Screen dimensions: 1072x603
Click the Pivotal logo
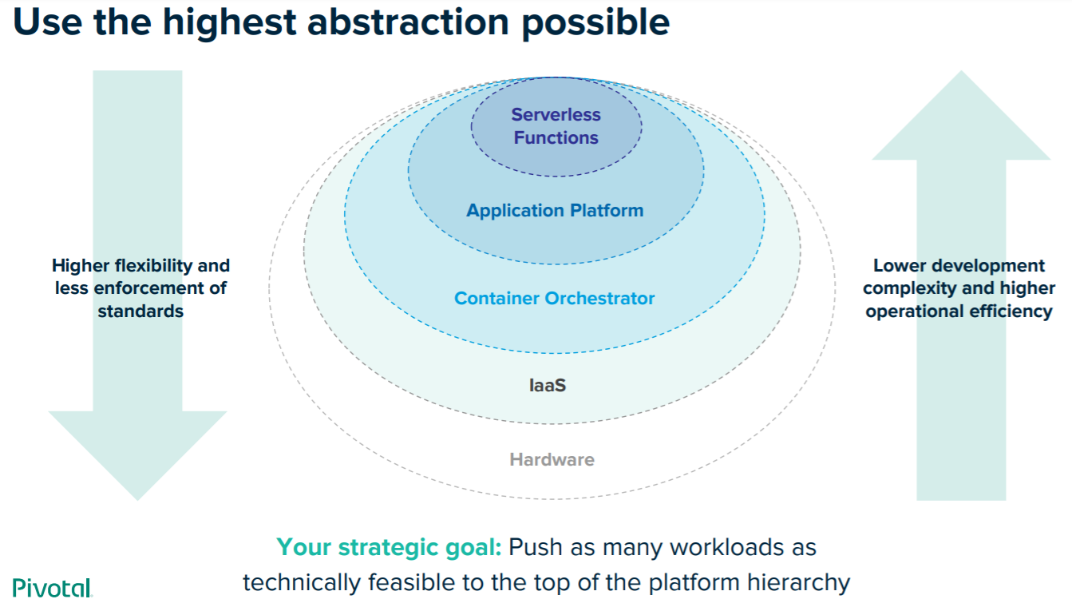52,587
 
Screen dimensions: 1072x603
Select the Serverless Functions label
556,126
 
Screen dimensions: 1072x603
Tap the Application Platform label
555,210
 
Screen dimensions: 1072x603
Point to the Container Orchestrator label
554,298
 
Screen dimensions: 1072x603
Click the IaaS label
548,385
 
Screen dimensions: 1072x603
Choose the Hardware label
552,459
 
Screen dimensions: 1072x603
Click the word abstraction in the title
408,22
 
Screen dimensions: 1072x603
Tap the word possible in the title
595,23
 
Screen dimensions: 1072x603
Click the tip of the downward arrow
138,499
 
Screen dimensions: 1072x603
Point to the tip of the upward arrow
962,71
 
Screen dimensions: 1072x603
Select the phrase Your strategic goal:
389,547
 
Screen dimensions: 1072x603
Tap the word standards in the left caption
140,311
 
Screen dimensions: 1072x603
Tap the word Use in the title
47,22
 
